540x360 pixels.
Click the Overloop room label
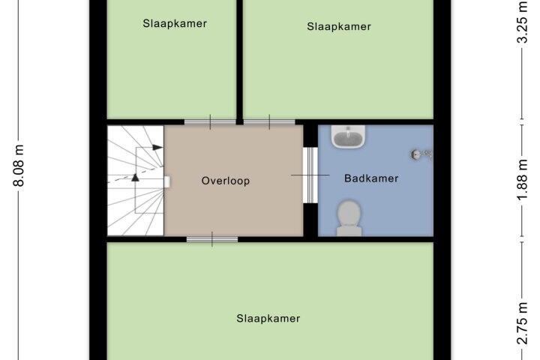(x=226, y=181)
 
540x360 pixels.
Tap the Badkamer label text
(x=371, y=178)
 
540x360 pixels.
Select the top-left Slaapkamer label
(x=175, y=24)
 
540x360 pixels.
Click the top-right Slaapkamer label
(x=339, y=26)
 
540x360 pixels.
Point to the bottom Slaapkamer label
(x=268, y=318)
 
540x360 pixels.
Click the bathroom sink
(x=348, y=136)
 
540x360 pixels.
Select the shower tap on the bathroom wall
(x=421, y=154)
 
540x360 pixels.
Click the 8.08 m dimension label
(x=19, y=166)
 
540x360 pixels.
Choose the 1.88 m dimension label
(x=523, y=179)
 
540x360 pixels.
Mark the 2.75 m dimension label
(x=523, y=323)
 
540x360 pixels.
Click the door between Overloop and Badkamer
(x=310, y=175)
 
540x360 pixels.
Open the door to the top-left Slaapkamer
(x=210, y=122)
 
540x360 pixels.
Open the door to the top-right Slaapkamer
(x=269, y=122)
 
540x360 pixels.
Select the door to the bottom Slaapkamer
(x=212, y=239)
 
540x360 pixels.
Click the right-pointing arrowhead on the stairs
(x=157, y=148)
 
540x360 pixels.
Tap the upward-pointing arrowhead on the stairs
(x=135, y=178)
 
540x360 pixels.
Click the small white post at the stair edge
(x=167, y=182)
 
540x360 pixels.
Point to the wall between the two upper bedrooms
(x=240, y=59)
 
